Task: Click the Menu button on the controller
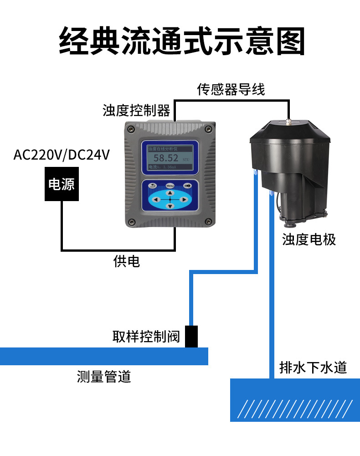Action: pos(170,186)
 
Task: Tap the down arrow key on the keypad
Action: pos(170,206)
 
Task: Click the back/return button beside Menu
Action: pos(153,186)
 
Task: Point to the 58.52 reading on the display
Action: pos(165,158)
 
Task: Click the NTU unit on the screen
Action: pos(185,160)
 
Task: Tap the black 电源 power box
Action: pos(62,184)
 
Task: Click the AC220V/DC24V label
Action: pos(62,155)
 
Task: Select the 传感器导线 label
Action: pos(231,89)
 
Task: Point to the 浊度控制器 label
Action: pos(136,110)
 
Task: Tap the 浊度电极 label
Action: pos(309,239)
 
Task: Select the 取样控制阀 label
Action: pos(146,337)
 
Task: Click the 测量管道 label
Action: pos(104,377)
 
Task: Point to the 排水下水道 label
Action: pos(313,367)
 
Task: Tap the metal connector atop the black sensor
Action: pos(288,122)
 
